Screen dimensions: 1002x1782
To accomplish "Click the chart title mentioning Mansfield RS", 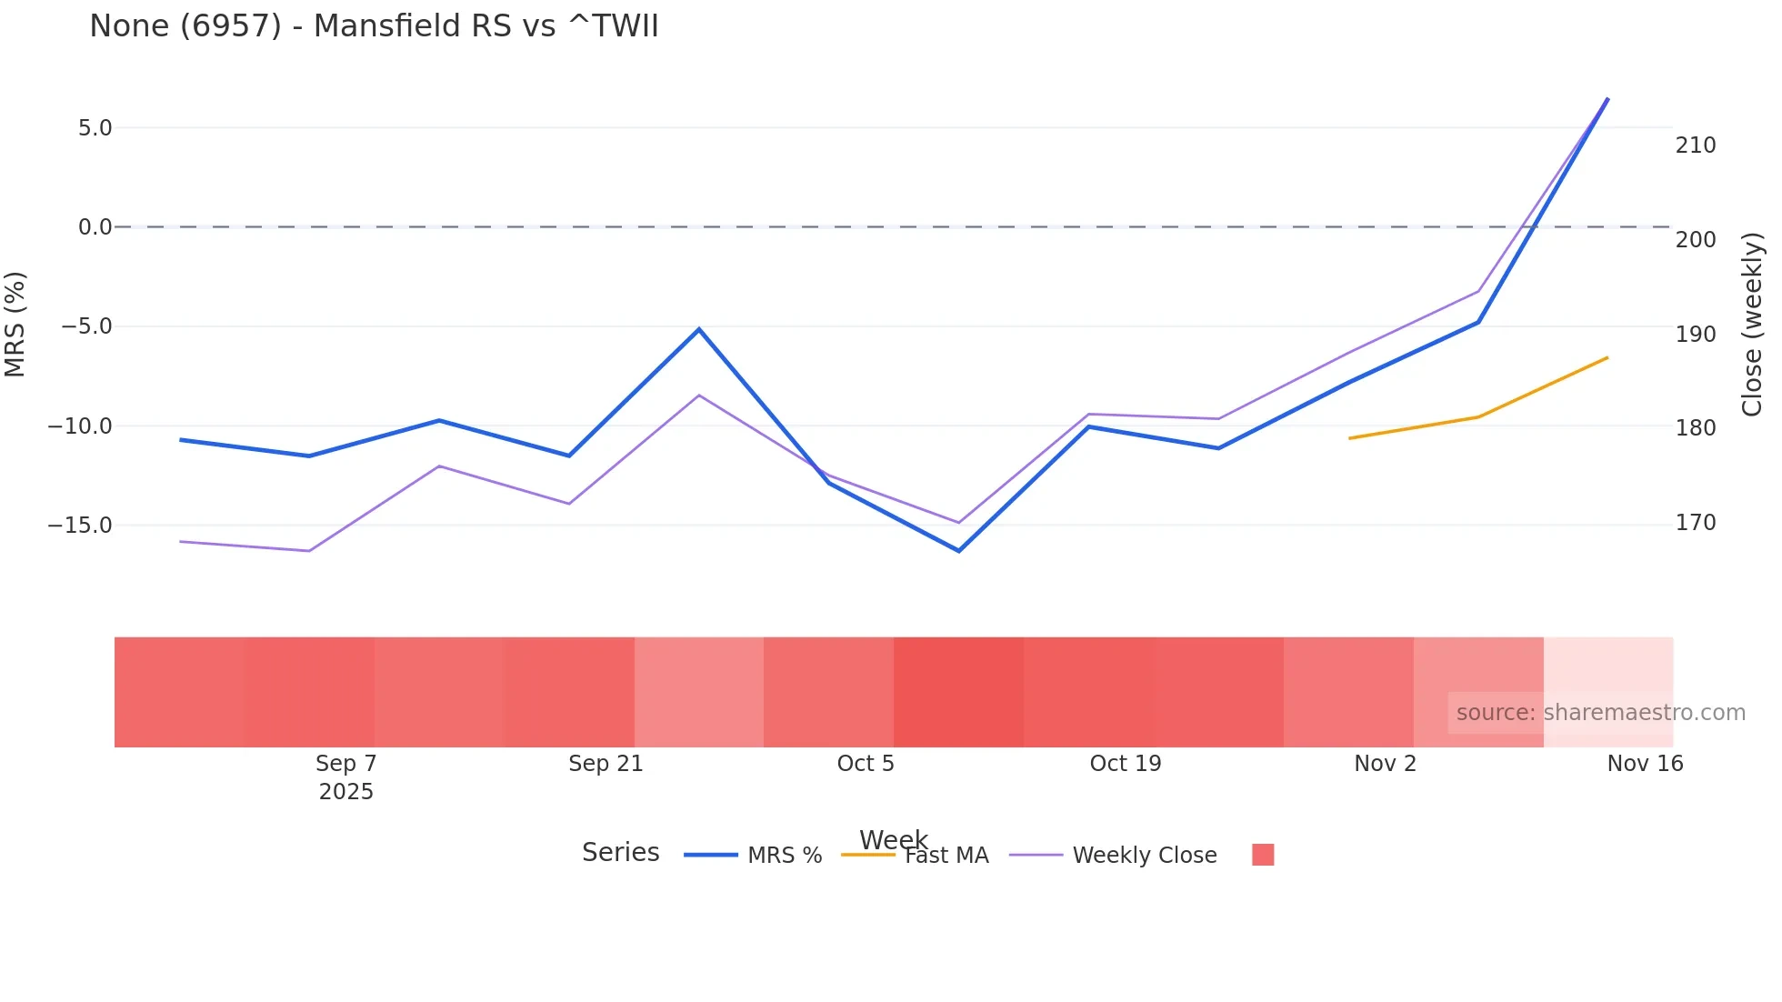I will coord(374,26).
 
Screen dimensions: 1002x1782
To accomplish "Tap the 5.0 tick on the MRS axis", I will coord(95,128).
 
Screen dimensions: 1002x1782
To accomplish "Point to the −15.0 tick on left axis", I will coord(80,526).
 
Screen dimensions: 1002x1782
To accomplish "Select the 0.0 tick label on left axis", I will coord(95,227).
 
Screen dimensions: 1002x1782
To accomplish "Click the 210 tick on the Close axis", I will coord(1696,145).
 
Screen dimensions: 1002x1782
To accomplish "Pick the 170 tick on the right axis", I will coord(1696,523).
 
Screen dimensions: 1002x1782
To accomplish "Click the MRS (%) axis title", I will coord(15,325).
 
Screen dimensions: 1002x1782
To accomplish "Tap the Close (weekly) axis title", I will coord(1752,325).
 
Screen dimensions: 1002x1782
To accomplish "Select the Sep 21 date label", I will coord(606,764).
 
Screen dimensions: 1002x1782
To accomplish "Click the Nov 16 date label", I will coord(1645,764).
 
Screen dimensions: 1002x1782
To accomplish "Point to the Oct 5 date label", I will coord(866,764).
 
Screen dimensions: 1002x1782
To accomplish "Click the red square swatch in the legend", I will coord(1263,855).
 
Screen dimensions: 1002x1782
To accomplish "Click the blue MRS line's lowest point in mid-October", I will coord(958,550).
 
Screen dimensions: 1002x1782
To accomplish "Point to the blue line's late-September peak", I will coord(699,329).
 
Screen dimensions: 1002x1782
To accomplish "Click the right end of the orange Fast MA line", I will coord(1607,358).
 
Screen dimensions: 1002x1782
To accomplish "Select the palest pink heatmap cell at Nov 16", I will coord(1607,673).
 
